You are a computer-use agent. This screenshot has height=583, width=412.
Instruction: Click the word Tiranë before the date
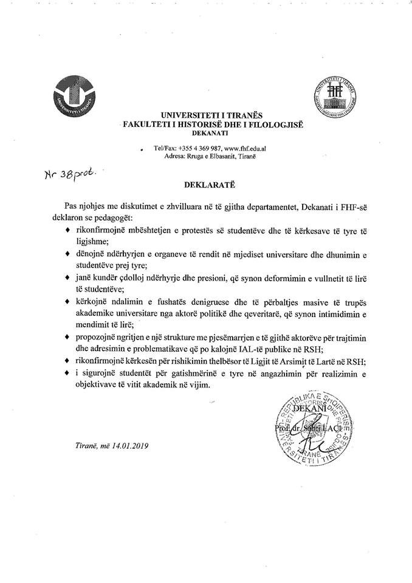pos(80,445)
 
